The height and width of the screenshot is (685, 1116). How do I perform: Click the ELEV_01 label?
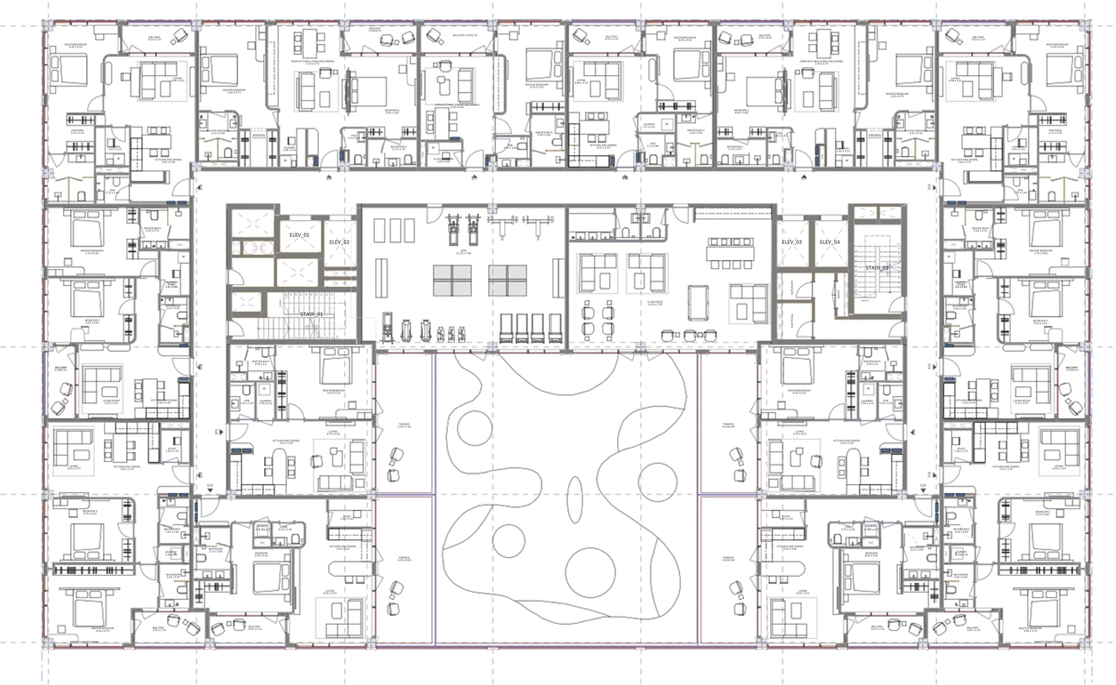(299, 235)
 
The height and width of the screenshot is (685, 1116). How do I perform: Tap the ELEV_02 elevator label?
(339, 242)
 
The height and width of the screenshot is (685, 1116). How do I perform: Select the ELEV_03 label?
(792, 242)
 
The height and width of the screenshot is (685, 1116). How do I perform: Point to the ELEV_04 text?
(829, 242)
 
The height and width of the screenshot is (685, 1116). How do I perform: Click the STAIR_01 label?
(312, 314)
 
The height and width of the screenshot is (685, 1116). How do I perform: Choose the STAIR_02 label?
(877, 268)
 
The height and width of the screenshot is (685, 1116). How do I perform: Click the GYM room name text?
(463, 251)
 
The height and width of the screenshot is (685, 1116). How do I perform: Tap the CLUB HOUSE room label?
(654, 304)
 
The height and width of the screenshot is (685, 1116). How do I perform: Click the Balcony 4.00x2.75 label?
(458, 36)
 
